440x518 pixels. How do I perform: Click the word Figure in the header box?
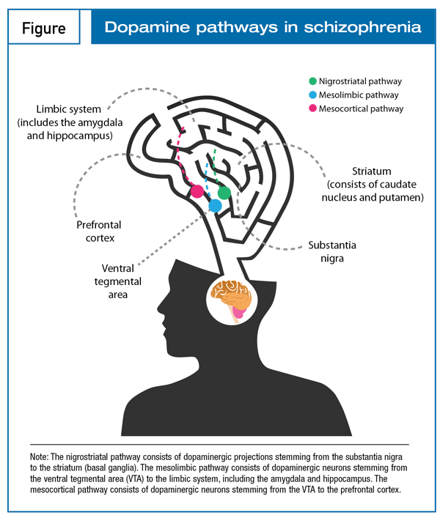tap(44, 29)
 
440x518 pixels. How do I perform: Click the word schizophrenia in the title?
tap(363, 27)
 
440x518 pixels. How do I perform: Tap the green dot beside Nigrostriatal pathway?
tap(312, 81)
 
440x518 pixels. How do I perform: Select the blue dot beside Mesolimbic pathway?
tap(312, 95)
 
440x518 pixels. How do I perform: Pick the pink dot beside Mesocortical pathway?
tap(312, 108)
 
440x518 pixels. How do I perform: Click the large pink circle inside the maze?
tap(197, 191)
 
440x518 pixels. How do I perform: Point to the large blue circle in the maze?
tap(215, 206)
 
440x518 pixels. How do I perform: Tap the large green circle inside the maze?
tap(224, 193)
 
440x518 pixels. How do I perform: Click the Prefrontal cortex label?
tap(99, 232)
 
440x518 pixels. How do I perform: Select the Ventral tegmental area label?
tap(117, 281)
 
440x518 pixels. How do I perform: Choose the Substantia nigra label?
tap(332, 251)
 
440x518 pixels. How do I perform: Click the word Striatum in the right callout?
tap(372, 171)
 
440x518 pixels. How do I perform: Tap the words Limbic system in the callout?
tap(68, 109)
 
